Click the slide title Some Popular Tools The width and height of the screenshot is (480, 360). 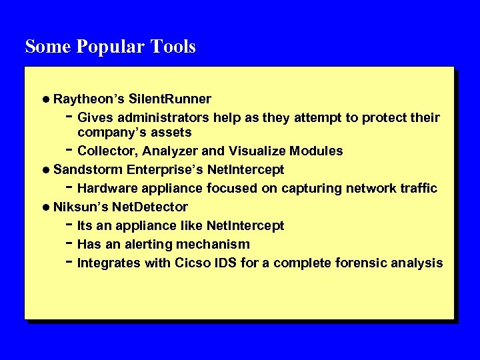(x=110, y=47)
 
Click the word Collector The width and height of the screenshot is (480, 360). (x=105, y=151)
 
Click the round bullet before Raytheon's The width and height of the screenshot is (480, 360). (x=45, y=99)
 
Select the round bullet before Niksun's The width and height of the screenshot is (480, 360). (x=45, y=207)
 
